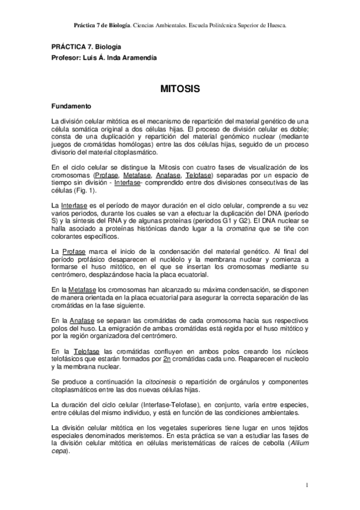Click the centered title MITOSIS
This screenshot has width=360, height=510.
click(x=180, y=88)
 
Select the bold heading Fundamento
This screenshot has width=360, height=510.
click(x=71, y=106)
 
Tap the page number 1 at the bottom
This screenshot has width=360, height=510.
click(x=307, y=485)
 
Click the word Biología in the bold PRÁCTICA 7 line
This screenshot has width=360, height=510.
click(x=108, y=46)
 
